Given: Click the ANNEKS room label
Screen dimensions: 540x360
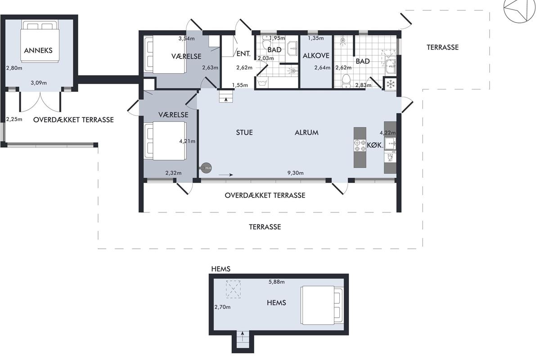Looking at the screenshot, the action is tap(38, 50).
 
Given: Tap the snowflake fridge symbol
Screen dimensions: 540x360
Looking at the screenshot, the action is tap(391, 84).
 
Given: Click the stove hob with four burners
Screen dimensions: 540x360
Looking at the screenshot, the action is tap(360, 145).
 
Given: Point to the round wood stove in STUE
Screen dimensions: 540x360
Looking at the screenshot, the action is tap(206, 168).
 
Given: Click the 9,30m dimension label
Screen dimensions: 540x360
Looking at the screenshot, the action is tap(295, 173).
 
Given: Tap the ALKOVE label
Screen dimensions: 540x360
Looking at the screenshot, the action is tap(316, 56).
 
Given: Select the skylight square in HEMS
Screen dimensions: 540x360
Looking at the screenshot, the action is tap(233, 289).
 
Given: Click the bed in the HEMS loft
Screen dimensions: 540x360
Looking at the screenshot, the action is tap(322, 305).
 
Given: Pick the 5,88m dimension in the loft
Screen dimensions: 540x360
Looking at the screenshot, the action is tap(276, 282).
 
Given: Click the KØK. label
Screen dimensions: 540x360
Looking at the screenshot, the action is tap(375, 145).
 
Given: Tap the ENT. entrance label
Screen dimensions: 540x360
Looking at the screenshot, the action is tap(243, 54).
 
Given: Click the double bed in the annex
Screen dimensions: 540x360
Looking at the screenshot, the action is tap(40, 42).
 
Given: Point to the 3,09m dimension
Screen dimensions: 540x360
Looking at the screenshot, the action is tap(39, 83).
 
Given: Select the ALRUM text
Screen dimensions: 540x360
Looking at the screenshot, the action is tap(306, 132).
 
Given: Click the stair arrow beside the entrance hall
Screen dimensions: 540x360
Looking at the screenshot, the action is tap(226, 99).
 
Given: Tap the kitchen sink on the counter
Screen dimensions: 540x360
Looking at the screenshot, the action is tap(390, 144).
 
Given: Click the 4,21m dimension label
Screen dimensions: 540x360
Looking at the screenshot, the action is tap(187, 141).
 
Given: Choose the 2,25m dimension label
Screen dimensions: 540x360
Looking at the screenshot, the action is tap(14, 119).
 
